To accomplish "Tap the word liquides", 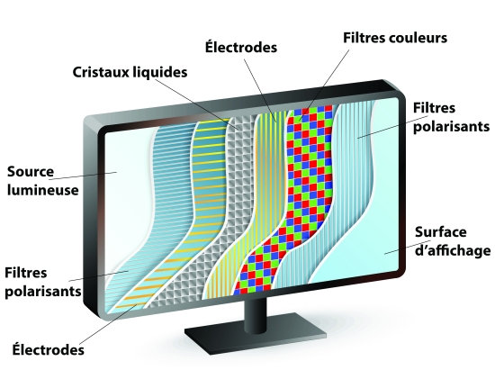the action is coord(159,72).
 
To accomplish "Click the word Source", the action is coord(31,172).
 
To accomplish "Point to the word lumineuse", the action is coord(42,190).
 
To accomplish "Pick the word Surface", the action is coord(440,232).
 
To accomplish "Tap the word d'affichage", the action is coord(453,250).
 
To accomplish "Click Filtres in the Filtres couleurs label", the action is coord(363,38).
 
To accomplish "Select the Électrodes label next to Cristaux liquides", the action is coord(241,48).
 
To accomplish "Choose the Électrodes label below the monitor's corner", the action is coord(48,349).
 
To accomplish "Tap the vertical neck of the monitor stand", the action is coord(256,312).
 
